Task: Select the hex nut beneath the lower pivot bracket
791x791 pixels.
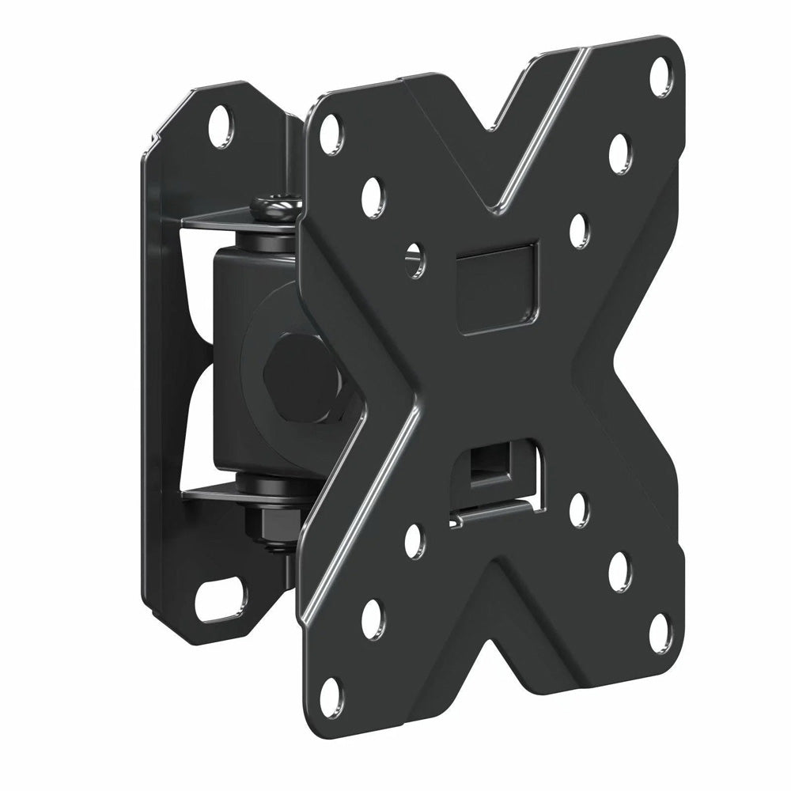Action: click(x=269, y=522)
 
